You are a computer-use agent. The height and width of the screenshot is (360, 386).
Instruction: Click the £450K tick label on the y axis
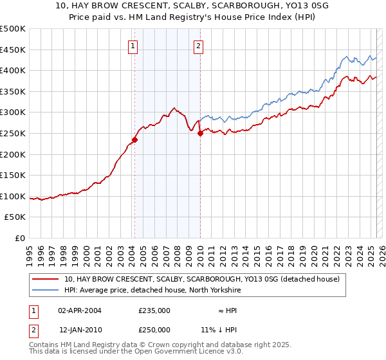[x=12, y=50]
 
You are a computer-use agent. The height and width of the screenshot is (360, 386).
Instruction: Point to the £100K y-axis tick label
[x=12, y=196]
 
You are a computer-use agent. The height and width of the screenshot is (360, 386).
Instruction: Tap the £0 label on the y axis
[x=19, y=239]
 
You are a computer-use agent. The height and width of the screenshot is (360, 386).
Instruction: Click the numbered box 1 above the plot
[x=133, y=46]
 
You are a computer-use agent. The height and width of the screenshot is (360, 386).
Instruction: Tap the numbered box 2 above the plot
[x=198, y=46]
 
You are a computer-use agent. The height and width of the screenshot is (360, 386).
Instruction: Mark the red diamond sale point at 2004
[x=135, y=139]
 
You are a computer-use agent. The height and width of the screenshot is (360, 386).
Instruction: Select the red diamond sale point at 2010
[x=200, y=133]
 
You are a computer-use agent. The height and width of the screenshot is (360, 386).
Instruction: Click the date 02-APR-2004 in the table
[x=80, y=310]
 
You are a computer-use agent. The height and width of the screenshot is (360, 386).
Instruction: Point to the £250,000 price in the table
[x=154, y=329]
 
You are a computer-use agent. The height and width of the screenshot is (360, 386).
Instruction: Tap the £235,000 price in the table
[x=154, y=310]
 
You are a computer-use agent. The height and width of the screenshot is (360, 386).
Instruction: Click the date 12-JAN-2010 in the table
[x=80, y=329]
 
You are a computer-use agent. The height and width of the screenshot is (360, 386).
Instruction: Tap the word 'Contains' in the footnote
[x=46, y=345]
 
